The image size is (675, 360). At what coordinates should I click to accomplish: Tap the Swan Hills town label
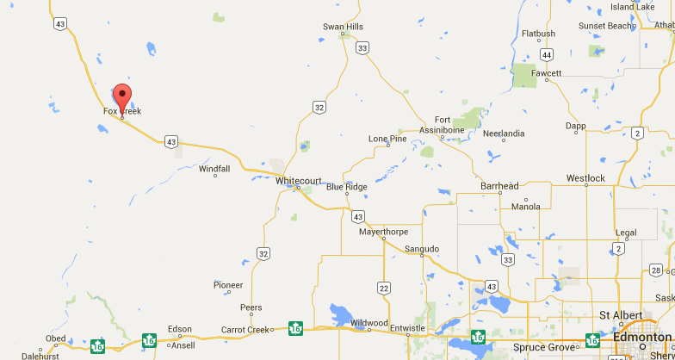pos(343,27)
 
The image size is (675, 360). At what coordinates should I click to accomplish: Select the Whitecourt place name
pos(298,181)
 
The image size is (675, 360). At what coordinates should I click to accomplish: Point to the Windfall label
pos(214,169)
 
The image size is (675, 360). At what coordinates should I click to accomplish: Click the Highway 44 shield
pos(547,54)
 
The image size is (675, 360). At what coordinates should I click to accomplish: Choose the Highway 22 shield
pos(383,288)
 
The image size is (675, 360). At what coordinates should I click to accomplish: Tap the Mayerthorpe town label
pos(383,232)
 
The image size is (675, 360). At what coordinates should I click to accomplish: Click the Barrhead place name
pos(499,186)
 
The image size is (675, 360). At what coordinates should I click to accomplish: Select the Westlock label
pos(585,178)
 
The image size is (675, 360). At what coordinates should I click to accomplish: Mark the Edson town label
pos(180,329)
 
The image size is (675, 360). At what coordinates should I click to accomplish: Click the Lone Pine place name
pos(387,139)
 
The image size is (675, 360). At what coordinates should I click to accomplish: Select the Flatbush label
pos(538,34)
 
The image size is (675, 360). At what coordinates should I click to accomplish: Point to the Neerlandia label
pos(504,133)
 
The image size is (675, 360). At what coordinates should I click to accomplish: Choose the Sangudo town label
pos(422,249)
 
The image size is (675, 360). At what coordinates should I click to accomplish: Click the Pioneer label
pos(228,285)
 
